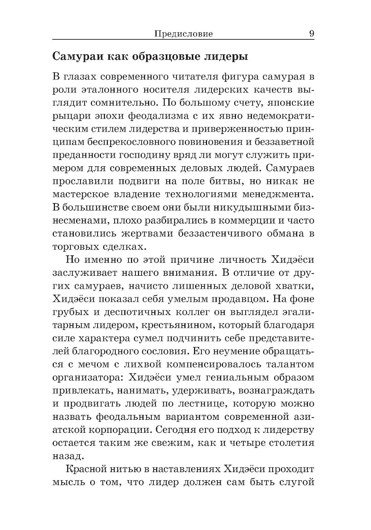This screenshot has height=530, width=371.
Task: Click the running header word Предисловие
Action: point(183,34)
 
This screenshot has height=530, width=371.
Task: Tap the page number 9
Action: point(311,34)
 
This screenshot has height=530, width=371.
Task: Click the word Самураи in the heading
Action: point(76,57)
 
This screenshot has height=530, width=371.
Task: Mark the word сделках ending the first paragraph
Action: point(122,246)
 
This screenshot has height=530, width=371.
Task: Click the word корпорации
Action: point(117,430)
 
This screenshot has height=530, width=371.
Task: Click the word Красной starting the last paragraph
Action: point(86,470)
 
